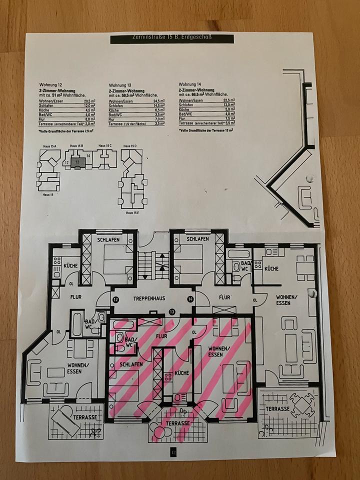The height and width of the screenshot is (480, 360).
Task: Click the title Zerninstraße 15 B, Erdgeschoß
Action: (x=172, y=38)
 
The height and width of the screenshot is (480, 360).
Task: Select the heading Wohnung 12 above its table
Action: (x=49, y=85)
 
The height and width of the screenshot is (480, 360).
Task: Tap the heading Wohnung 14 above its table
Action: (x=189, y=84)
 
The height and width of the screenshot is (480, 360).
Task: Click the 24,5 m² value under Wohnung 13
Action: (x=159, y=101)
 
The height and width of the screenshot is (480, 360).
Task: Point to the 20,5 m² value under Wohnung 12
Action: (x=88, y=102)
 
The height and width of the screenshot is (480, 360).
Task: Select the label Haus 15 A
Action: (x=48, y=146)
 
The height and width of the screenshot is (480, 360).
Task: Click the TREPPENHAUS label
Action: (x=149, y=298)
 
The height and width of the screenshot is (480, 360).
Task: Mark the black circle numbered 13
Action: (x=171, y=311)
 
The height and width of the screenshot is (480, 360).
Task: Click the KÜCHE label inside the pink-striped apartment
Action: (x=181, y=373)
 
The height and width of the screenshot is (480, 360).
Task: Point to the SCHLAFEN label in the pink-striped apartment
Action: (x=130, y=364)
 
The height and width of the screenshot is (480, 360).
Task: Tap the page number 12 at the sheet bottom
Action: (x=173, y=452)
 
